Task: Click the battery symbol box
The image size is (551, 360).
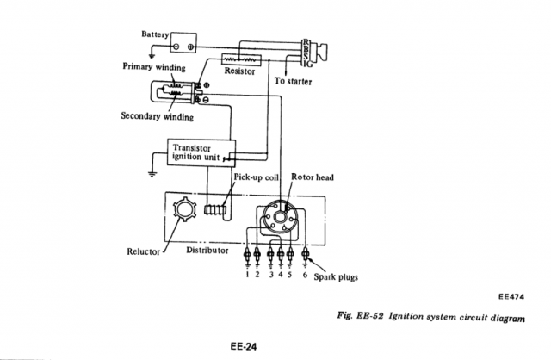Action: coord(183,42)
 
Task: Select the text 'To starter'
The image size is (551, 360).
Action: coord(293,82)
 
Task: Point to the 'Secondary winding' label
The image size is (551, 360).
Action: coord(157,116)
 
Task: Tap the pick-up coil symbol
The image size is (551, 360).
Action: coord(215,209)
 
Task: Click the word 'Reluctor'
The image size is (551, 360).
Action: coord(145,252)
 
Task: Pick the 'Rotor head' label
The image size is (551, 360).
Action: coord(313,177)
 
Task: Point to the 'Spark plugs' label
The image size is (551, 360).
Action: coord(336,277)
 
